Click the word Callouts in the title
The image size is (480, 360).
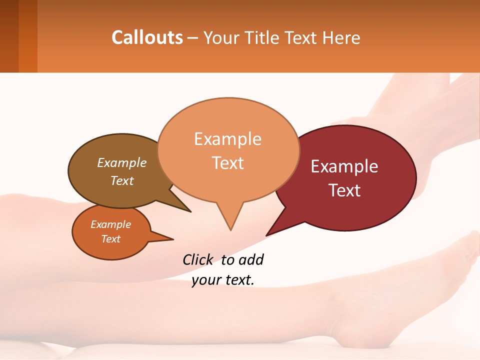pos(147,37)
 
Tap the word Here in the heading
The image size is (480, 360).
pos(342,37)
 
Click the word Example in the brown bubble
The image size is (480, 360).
pos(121,163)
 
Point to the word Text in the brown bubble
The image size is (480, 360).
pos(121,180)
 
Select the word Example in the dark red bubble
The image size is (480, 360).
pos(344,166)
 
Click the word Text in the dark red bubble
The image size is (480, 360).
pos(344,190)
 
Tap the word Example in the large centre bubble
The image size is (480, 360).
pos(227,139)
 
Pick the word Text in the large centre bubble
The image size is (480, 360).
pos(227,163)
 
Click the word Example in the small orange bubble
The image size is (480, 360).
pos(110,224)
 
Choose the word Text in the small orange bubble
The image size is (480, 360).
pos(110,239)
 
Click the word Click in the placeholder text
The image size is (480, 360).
pos(197,259)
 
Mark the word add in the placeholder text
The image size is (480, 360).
pos(251,259)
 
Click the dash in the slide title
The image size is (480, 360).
pos(193,38)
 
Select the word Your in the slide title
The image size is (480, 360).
pos(220,37)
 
